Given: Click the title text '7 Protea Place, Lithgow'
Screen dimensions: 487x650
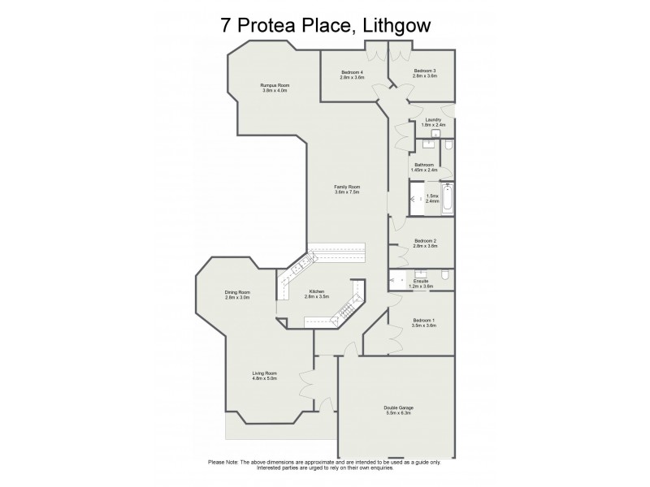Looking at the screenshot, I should point(325,25).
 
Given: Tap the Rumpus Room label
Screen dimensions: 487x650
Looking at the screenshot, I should point(275,88).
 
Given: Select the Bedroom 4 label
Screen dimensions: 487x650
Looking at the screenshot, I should point(352,74).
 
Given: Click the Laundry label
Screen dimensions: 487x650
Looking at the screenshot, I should point(433,123).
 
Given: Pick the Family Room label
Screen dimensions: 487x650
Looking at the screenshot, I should point(346,190).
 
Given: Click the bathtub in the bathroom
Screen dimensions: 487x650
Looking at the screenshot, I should point(447,200).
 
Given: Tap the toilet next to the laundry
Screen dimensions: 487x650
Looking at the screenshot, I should point(448,145).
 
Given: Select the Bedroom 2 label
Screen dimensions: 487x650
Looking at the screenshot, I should point(425,243).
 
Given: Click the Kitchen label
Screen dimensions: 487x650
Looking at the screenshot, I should point(316,295).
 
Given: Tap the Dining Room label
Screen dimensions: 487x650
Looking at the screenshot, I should point(237,295).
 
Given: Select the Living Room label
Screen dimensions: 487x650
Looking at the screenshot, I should point(265,375).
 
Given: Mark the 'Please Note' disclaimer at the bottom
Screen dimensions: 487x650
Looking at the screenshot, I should point(325,465).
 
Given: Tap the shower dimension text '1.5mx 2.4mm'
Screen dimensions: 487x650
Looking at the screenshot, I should point(432,199).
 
